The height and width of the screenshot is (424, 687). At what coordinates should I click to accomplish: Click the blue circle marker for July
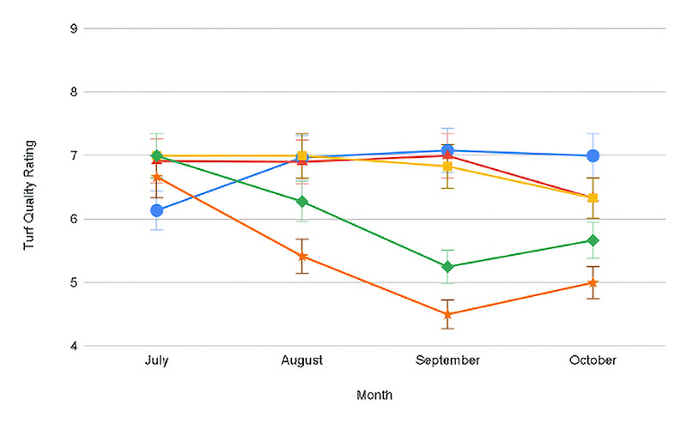pyautogui.click(x=156, y=210)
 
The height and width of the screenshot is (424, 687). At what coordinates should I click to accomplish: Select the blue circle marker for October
pyautogui.click(x=593, y=156)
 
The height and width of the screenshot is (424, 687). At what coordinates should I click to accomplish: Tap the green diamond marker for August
pyautogui.click(x=301, y=202)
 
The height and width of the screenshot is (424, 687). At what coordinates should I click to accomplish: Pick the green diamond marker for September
pyautogui.click(x=447, y=267)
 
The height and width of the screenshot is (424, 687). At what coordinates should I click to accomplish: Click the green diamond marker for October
pyautogui.click(x=593, y=240)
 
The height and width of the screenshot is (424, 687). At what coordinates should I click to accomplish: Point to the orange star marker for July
pyautogui.click(x=156, y=177)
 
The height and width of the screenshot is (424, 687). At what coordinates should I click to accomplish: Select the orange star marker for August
pyautogui.click(x=301, y=257)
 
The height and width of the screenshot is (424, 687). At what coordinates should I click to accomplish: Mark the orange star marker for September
pyautogui.click(x=447, y=315)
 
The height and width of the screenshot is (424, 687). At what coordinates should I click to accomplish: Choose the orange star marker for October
pyautogui.click(x=593, y=282)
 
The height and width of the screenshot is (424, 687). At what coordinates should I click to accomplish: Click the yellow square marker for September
pyautogui.click(x=447, y=167)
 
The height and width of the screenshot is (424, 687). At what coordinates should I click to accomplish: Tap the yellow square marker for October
pyautogui.click(x=593, y=198)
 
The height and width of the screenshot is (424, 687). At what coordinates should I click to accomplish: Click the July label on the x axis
pyautogui.click(x=156, y=360)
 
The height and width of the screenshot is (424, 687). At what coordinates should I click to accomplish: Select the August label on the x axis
pyautogui.click(x=301, y=360)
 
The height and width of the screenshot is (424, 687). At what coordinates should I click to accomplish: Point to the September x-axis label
pyautogui.click(x=447, y=360)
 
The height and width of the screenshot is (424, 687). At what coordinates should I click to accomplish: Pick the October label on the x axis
pyautogui.click(x=593, y=360)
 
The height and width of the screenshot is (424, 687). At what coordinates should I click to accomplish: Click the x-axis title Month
pyautogui.click(x=374, y=396)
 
